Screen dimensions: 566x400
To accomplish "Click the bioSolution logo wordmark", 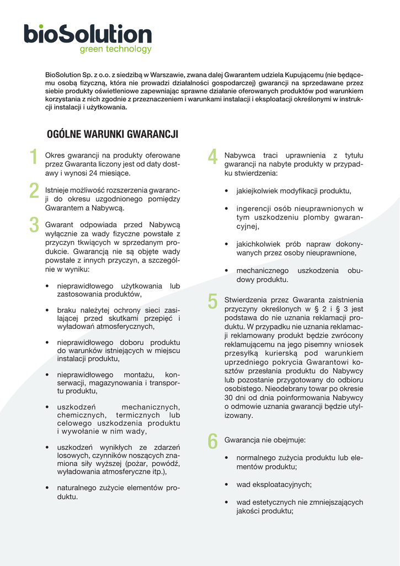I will coord(87,34).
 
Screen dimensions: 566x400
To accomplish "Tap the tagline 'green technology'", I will coord(115,49).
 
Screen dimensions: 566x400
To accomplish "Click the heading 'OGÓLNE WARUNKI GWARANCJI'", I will coord(113,134).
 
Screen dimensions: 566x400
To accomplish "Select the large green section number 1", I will coord(34,158).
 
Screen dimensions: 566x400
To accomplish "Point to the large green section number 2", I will coord(34,191).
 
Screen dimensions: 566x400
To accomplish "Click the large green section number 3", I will coord(34,225).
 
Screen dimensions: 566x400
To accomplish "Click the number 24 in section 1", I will coord(105,173).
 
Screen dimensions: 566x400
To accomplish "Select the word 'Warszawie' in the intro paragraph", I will coord(166,74).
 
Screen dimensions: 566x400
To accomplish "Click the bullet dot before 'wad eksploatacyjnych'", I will coord(227,485).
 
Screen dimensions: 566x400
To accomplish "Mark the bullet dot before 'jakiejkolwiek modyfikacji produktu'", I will coord(227,191).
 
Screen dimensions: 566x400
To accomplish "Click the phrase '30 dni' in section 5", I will coord(235,397).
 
